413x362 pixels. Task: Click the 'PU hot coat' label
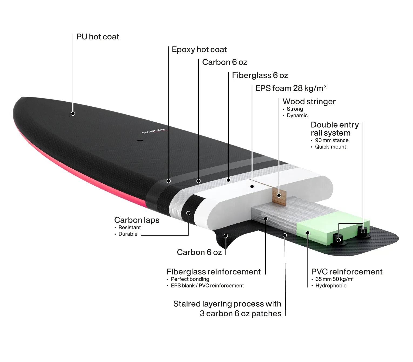click(x=98, y=37)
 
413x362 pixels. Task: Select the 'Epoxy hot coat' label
click(x=199, y=50)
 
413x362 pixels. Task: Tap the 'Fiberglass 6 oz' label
click(x=260, y=75)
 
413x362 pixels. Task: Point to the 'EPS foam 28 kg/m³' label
click(x=291, y=88)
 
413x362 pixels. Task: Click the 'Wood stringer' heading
click(x=309, y=101)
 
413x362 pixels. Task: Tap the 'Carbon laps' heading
click(x=137, y=220)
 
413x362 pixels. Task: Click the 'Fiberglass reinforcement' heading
click(x=214, y=272)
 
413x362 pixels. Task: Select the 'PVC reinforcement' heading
click(x=347, y=272)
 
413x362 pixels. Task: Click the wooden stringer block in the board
click(x=279, y=196)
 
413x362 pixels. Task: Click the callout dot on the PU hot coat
click(x=73, y=114)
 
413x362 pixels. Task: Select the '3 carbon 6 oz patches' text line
click(x=241, y=314)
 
